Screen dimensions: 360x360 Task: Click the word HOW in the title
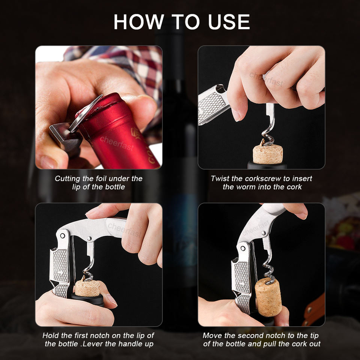coord(138,22)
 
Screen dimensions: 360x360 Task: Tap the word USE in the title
coord(229,22)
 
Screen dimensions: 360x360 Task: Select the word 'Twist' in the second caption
coord(220,178)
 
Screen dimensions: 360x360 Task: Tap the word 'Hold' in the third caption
coord(50,336)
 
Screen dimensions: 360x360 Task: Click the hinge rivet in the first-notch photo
coord(62,236)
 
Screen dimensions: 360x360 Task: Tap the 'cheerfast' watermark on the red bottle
coord(117,144)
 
